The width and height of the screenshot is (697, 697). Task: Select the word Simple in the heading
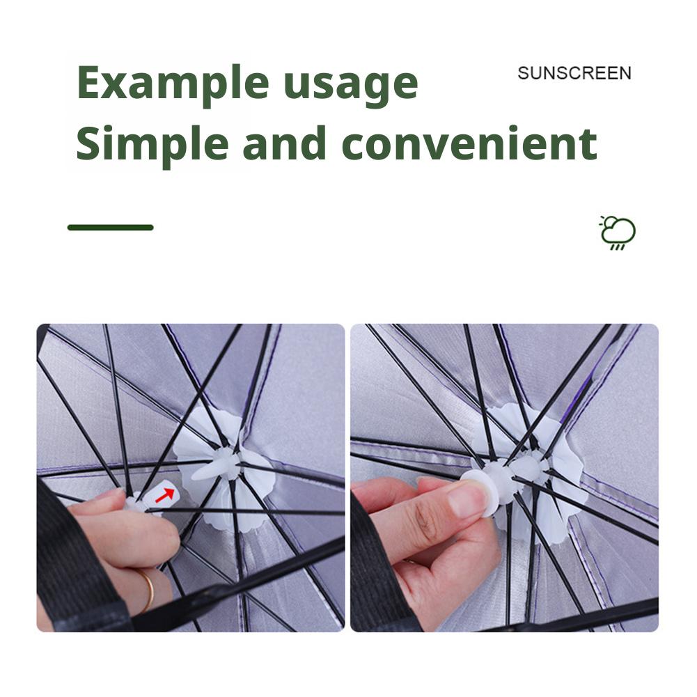[x=152, y=145]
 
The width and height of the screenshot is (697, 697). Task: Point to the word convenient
[x=469, y=143]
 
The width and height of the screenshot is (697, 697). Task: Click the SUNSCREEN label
[x=574, y=73]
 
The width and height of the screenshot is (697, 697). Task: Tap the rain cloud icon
[x=618, y=233]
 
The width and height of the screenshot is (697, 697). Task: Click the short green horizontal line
[x=110, y=228]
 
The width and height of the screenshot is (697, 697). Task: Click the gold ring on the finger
[x=148, y=590]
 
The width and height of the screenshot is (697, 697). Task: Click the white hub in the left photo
[x=228, y=464]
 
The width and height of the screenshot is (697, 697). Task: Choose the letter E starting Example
[x=91, y=82]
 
